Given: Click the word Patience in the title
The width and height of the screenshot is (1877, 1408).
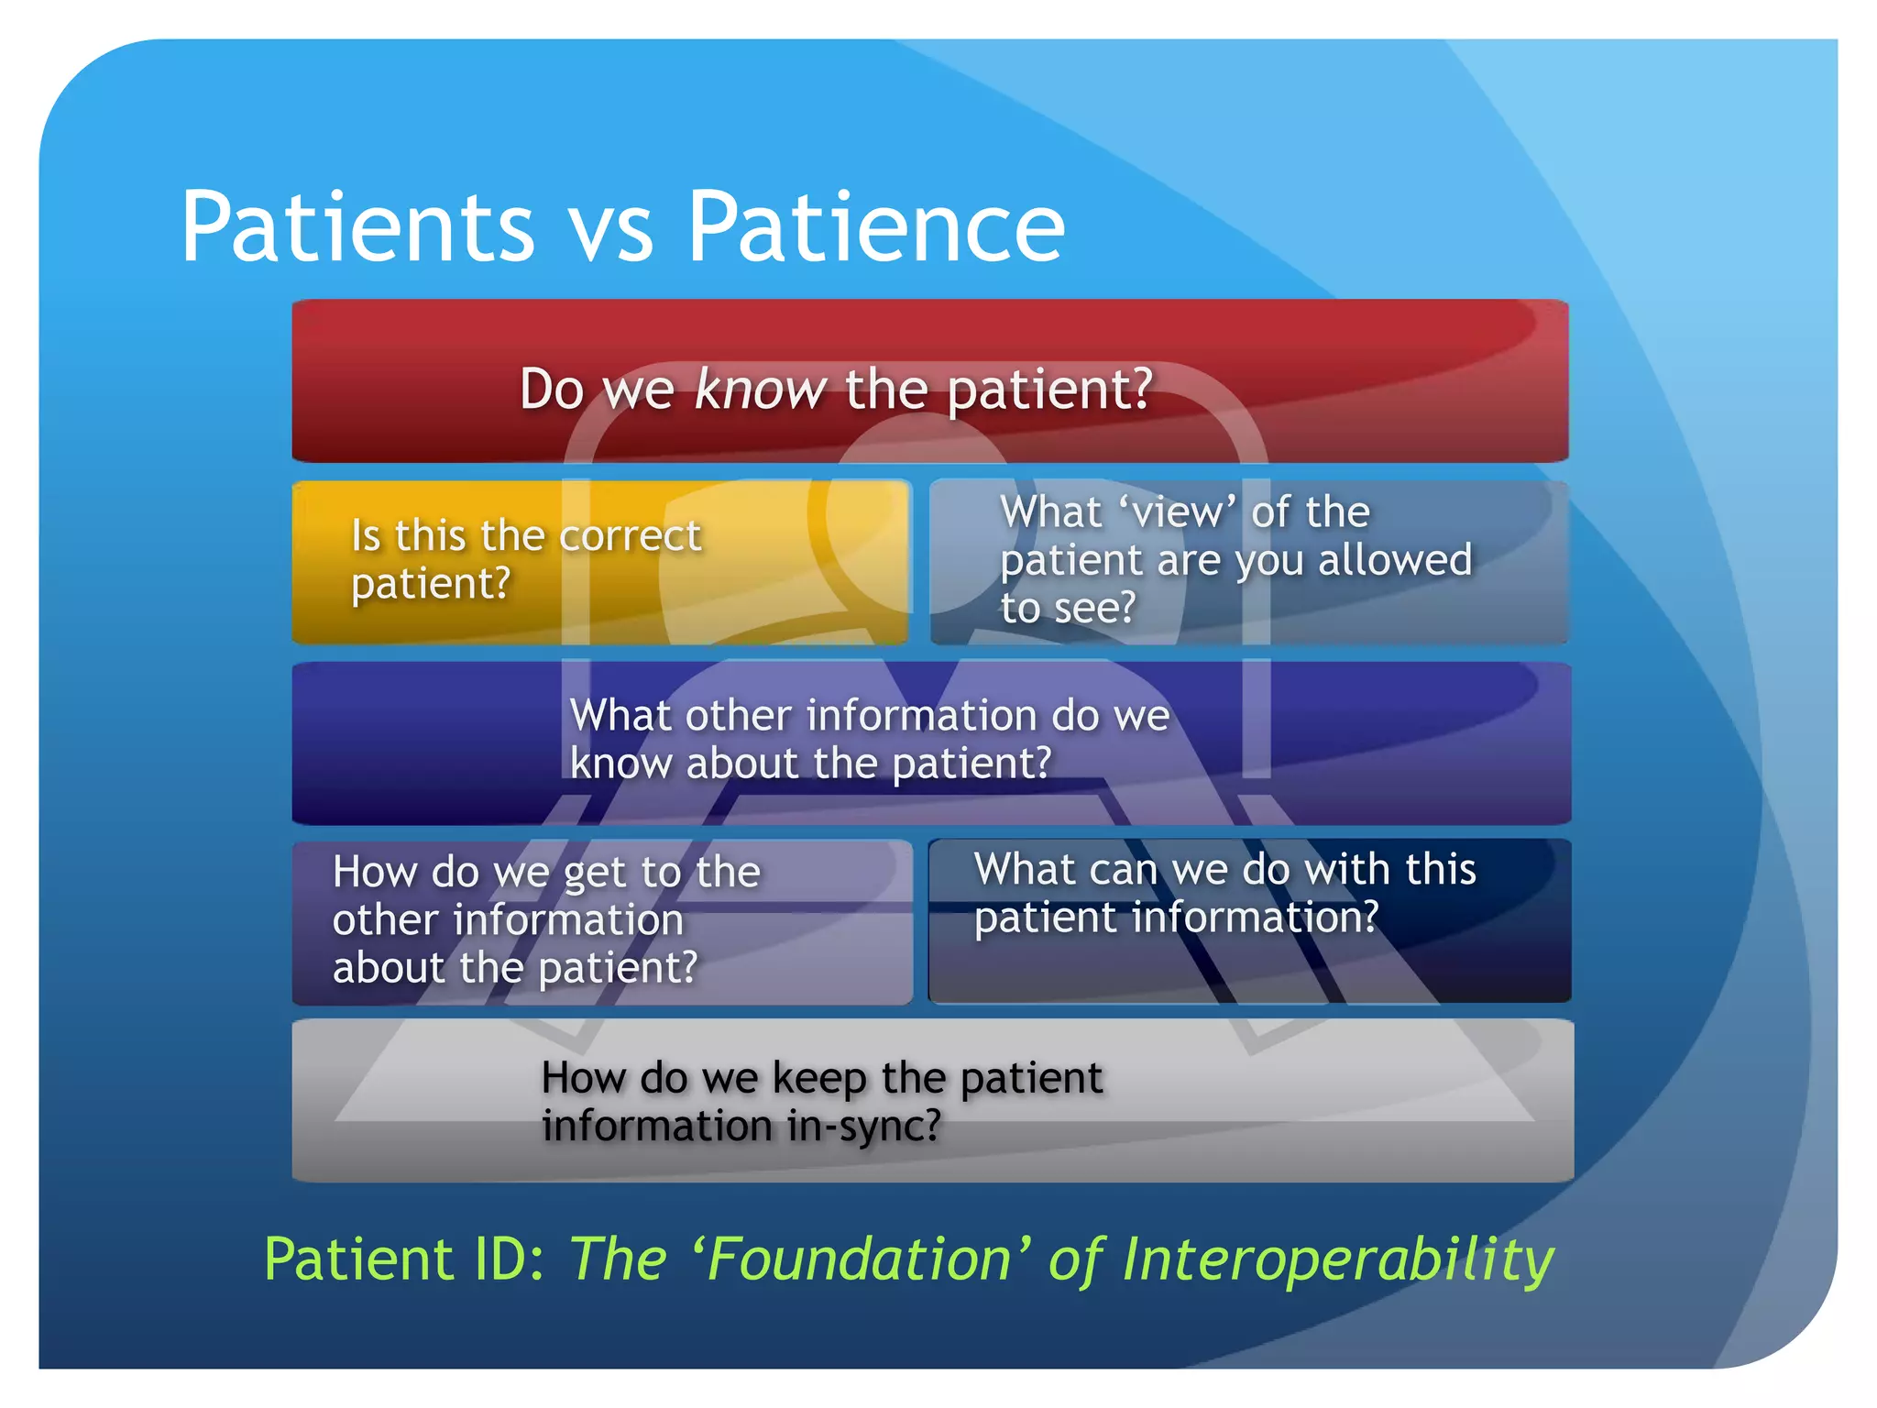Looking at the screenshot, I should pyautogui.click(x=875, y=227).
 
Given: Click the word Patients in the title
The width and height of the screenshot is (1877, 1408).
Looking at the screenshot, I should pyautogui.click(x=357, y=227).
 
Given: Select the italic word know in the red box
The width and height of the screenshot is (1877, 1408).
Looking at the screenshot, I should pyautogui.click(x=760, y=390).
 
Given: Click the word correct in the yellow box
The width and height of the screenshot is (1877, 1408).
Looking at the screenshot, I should pyautogui.click(x=630, y=536).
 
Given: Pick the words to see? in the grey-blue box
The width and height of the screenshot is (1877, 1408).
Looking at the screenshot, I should pyautogui.click(x=1068, y=608).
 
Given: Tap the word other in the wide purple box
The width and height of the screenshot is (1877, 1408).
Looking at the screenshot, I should pyautogui.click(x=738, y=716).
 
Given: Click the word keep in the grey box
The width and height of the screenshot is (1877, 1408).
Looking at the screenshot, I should pyautogui.click(x=818, y=1079).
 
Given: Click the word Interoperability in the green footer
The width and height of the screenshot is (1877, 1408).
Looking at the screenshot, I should pyautogui.click(x=1338, y=1261).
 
